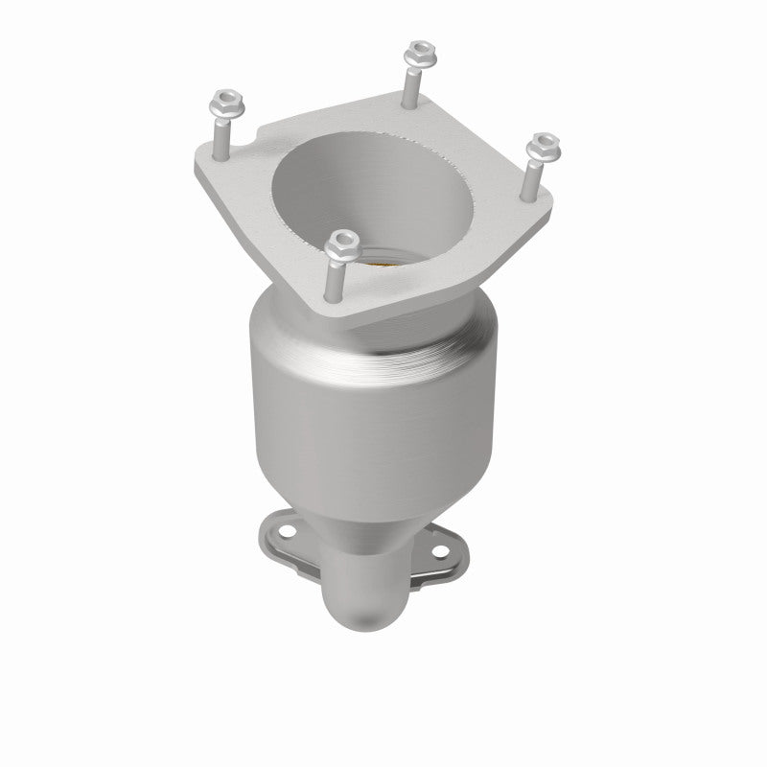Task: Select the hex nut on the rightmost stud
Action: click(544, 144)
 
